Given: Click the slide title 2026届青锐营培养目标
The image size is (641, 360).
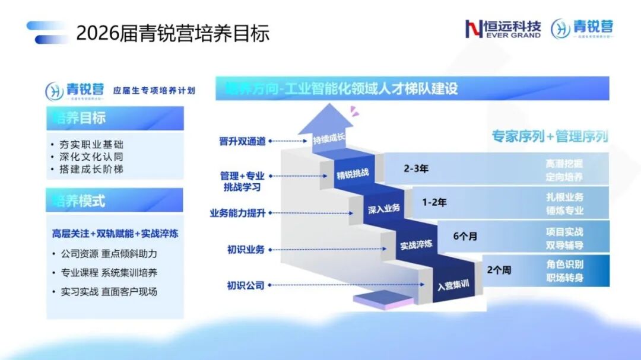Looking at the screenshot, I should [x=173, y=33].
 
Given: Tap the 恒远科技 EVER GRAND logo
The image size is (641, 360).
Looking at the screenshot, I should [x=503, y=29].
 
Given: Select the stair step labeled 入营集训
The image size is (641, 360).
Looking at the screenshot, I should [x=453, y=285].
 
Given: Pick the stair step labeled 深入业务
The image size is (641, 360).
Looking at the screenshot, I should [x=383, y=209].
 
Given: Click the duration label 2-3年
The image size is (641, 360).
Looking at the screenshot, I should [x=416, y=168].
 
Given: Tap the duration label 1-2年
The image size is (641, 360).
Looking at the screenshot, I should [x=434, y=202].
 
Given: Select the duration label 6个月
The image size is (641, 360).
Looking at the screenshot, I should [x=465, y=236].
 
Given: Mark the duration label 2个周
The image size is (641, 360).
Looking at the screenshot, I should [x=499, y=270].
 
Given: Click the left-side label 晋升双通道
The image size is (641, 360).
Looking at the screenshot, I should [x=242, y=141].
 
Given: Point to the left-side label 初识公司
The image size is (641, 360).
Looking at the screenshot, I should [x=246, y=286].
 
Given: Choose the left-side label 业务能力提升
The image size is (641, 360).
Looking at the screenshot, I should [x=237, y=213].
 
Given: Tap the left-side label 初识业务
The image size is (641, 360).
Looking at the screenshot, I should [x=246, y=250].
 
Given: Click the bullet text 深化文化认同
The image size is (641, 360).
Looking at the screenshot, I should [x=91, y=157].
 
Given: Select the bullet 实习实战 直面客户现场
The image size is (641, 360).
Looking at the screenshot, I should [x=109, y=292].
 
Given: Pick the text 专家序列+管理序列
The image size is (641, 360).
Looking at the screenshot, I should [x=549, y=136].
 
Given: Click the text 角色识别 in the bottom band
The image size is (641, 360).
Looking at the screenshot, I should [x=564, y=265].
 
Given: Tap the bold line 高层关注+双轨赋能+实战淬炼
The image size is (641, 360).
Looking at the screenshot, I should [x=115, y=234].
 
